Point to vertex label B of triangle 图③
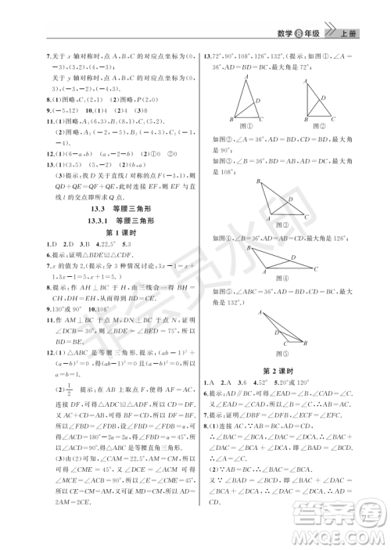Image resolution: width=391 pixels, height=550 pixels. click(228, 181)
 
